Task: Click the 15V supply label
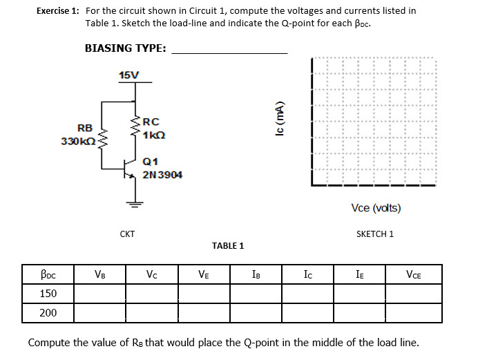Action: pyautogui.click(x=128, y=74)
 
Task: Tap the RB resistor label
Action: pyautogui.click(x=85, y=128)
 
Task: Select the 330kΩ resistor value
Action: pyautogui.click(x=78, y=141)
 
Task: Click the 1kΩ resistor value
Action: pyautogui.click(x=153, y=135)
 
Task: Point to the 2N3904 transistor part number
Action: pyautogui.click(x=162, y=174)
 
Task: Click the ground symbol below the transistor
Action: pyautogui.click(x=135, y=203)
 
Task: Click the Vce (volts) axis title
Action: pyautogui.click(x=376, y=208)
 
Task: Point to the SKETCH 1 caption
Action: pyautogui.click(x=374, y=234)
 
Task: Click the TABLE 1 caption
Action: pyautogui.click(x=228, y=245)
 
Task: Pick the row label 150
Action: pyautogui.click(x=48, y=294)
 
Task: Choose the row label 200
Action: pyautogui.click(x=48, y=312)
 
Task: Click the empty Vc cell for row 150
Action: pyautogui.click(x=151, y=294)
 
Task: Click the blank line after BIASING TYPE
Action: pyautogui.click(x=229, y=49)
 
